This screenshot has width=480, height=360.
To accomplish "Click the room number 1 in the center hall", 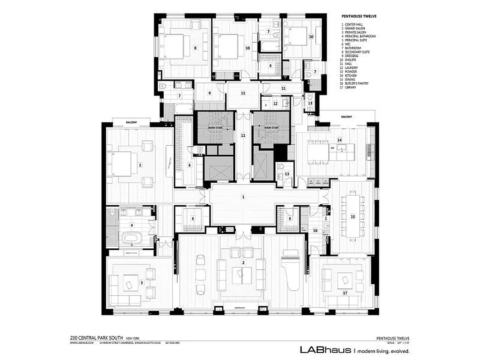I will pyautogui.click(x=243, y=197).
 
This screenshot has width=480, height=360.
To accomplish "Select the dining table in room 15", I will pyautogui.click(x=352, y=216).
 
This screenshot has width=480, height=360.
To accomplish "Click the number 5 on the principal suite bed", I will pyautogui.click(x=140, y=165).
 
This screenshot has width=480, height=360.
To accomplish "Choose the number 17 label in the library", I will pyautogui.click(x=345, y=293).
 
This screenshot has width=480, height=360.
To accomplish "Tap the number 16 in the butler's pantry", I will pyautogui.click(x=315, y=230).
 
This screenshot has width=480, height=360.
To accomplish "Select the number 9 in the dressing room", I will pyautogui.click(x=209, y=93).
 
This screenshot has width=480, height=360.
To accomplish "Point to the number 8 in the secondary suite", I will pyautogui.click(x=195, y=47).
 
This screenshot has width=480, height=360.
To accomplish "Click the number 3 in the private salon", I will pyautogui.click(x=141, y=283).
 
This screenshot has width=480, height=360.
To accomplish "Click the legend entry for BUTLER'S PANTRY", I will pyautogui.click(x=358, y=83).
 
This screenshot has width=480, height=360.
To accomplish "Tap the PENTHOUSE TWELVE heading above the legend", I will pyautogui.click(x=359, y=16).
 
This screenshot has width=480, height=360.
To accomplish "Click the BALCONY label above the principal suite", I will pyautogui.click(x=131, y=121).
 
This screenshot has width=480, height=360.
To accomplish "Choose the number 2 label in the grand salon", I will pyautogui.click(x=243, y=262).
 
